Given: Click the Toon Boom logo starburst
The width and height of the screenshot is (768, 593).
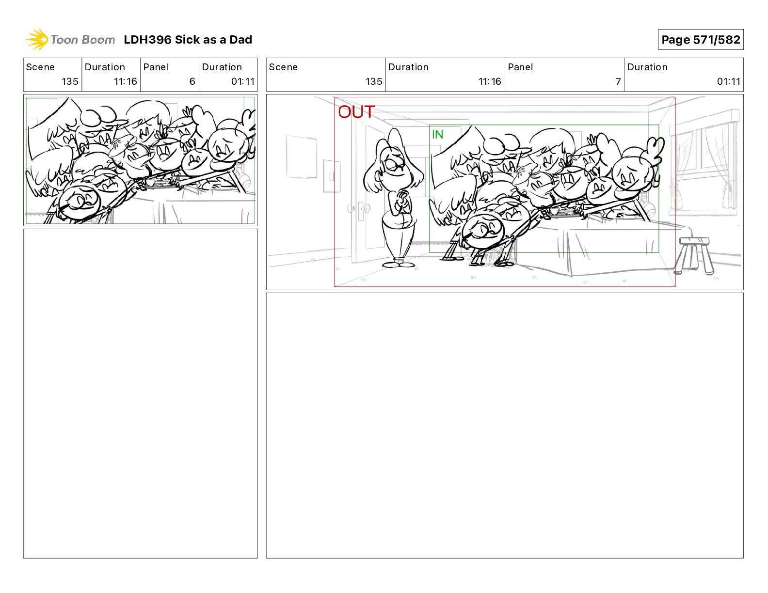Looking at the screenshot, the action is (37, 40).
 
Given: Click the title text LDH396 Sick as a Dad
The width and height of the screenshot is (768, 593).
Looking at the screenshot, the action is (188, 40).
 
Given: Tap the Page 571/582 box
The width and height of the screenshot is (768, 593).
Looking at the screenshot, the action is (701, 40).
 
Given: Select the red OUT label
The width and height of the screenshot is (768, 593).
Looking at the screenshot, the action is (356, 112).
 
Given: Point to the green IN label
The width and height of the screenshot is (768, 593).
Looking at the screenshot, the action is (437, 134).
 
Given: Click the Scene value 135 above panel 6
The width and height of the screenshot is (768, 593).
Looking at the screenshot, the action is (70, 81).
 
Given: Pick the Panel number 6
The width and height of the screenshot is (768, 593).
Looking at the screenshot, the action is (192, 81).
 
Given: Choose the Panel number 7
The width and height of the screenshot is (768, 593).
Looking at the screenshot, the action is (618, 81).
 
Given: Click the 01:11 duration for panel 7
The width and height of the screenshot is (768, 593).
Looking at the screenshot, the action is (728, 81).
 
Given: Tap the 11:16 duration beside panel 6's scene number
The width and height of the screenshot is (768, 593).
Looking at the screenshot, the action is (126, 81).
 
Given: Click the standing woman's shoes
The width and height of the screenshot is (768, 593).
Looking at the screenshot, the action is (399, 264).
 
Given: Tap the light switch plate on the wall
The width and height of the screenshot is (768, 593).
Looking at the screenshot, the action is (332, 176).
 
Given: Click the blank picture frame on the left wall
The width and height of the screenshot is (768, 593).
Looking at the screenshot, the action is (302, 157).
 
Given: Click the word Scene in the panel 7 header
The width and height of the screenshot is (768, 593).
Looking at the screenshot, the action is (283, 67).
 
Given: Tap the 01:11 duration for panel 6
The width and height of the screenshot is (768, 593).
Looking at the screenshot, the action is (243, 81).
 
